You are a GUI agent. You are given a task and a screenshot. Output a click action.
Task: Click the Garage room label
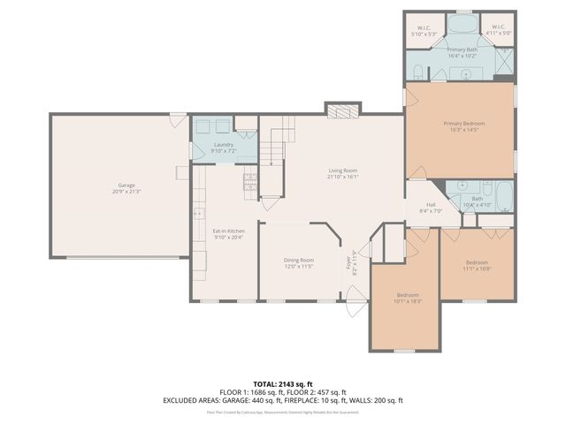(119, 188)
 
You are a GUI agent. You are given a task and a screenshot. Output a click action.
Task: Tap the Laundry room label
(224, 148)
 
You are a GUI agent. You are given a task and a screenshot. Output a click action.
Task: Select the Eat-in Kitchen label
(228, 233)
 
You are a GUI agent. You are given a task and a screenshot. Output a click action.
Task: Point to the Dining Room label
(299, 262)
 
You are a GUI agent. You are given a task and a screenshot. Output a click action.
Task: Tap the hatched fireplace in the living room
(343, 110)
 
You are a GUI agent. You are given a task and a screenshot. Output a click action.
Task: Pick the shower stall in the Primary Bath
(504, 62)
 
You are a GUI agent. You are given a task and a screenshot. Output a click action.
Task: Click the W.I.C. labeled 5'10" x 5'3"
(423, 31)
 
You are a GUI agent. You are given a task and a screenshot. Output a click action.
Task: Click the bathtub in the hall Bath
(503, 196)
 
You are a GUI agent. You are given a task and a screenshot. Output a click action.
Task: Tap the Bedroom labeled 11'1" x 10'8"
(478, 265)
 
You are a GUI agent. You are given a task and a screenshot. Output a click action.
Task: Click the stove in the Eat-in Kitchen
(250, 183)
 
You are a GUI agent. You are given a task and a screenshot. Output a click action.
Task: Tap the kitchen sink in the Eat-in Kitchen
(197, 213)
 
